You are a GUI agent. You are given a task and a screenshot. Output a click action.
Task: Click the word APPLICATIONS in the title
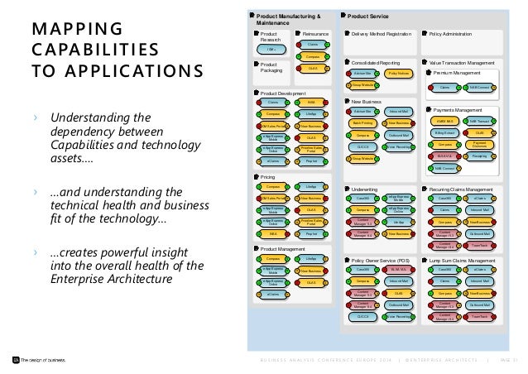(x=104, y=69)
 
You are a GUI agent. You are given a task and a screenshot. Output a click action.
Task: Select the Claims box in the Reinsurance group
(x=313, y=44)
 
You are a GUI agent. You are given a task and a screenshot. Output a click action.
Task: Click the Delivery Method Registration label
(x=382, y=35)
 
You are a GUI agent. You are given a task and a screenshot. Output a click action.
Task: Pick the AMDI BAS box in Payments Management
(x=444, y=121)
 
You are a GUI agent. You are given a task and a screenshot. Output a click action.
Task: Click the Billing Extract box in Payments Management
(x=444, y=132)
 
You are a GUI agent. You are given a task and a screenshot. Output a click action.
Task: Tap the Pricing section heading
(x=269, y=177)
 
